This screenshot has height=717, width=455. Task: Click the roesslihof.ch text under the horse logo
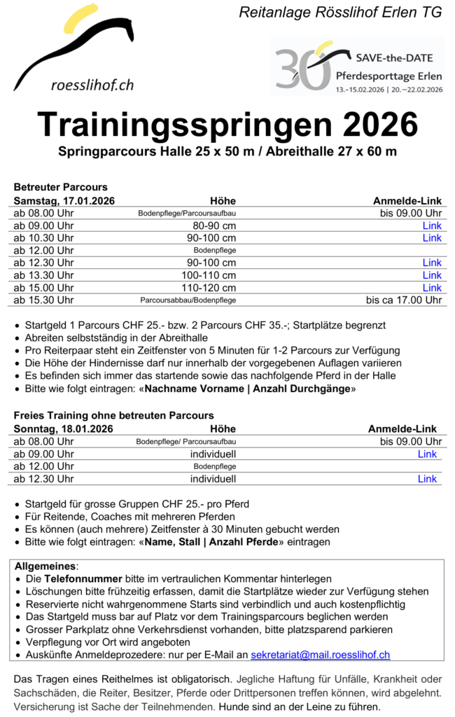(x=92, y=85)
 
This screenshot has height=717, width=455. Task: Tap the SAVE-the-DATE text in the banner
(x=394, y=57)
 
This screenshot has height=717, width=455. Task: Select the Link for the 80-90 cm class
(x=432, y=225)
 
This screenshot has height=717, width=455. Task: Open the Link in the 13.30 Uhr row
(x=432, y=275)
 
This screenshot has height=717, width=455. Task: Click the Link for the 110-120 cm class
(x=432, y=288)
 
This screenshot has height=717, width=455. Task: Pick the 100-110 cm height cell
(x=209, y=275)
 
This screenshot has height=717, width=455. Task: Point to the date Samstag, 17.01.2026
(x=64, y=201)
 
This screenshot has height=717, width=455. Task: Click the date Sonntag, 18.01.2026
(x=64, y=429)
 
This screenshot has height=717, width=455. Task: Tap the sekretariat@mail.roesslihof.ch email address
(x=320, y=655)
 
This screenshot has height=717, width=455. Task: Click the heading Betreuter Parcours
(x=61, y=188)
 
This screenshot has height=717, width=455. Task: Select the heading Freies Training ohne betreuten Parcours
(x=114, y=416)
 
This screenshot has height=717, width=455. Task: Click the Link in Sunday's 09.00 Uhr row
(x=427, y=454)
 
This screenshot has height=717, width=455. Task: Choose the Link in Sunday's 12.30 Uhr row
(x=427, y=479)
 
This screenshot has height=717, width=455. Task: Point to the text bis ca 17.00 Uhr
(x=404, y=300)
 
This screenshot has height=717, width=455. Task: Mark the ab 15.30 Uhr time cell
(x=43, y=300)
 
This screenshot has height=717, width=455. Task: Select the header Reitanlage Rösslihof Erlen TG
(x=340, y=13)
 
